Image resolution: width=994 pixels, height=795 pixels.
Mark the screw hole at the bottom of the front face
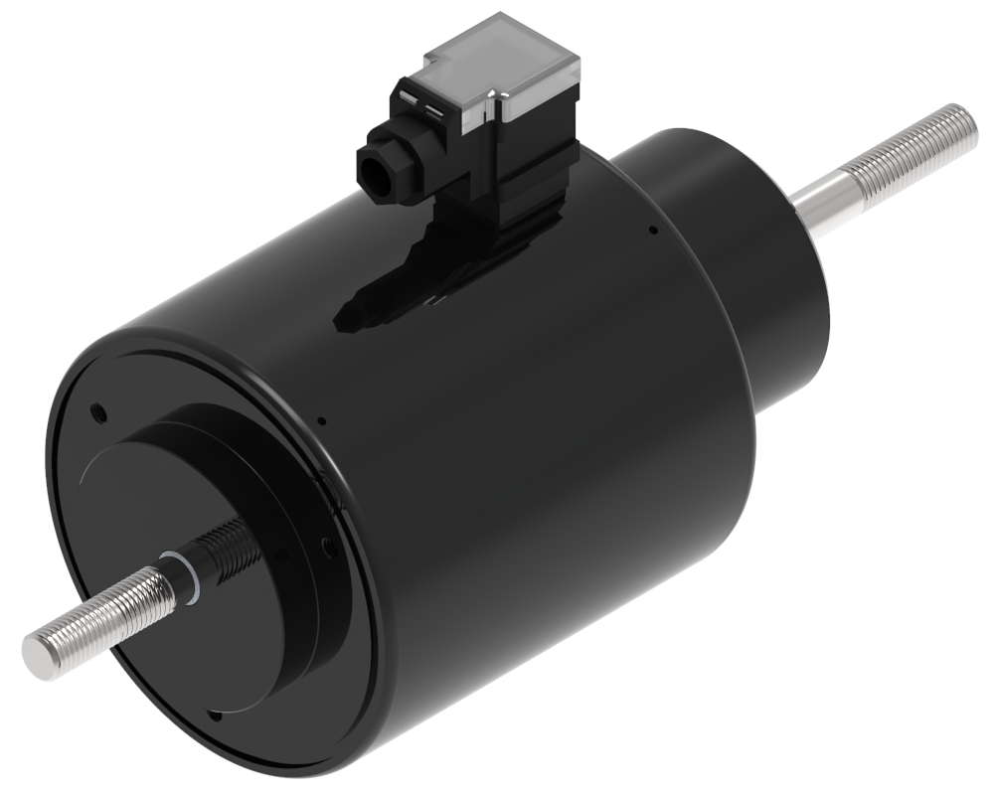[x=214, y=715]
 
